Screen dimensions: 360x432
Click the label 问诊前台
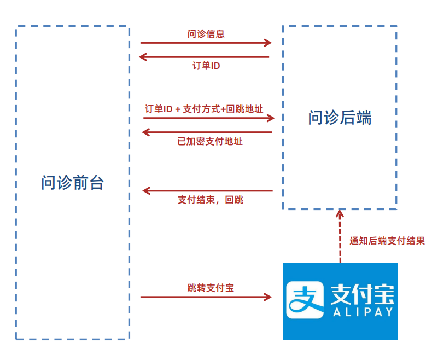(x=72, y=183)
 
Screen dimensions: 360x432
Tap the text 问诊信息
(x=206, y=34)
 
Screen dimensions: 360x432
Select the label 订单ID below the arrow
(x=206, y=66)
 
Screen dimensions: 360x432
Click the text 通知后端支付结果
(x=387, y=241)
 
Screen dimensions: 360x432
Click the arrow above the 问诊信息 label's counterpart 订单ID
(x=205, y=56)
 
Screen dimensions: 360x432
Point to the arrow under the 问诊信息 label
(x=206, y=43)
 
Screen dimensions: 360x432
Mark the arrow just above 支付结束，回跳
(x=207, y=190)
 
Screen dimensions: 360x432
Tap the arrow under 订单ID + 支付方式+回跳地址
(x=208, y=118)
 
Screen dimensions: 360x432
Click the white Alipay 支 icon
(x=306, y=300)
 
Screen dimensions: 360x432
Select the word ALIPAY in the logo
(x=363, y=313)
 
